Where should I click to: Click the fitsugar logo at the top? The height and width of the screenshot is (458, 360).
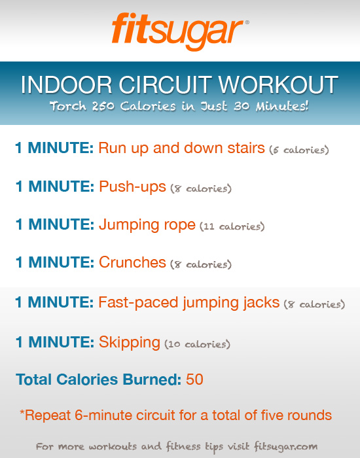[178, 30]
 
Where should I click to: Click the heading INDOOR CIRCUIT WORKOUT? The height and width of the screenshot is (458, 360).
[180, 84]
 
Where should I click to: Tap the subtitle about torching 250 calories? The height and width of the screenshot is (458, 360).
[180, 107]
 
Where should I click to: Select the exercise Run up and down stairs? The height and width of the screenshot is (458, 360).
[182, 149]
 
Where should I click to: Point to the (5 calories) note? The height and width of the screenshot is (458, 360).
[298, 150]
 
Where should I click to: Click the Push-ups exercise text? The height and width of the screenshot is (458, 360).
[132, 188]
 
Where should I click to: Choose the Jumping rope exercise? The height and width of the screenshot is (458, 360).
[147, 226]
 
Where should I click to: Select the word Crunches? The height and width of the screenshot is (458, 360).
[132, 263]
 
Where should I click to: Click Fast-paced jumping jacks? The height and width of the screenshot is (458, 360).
[189, 303]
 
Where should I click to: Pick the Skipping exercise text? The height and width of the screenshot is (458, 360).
[130, 342]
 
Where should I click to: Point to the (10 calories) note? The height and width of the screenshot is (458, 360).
[197, 343]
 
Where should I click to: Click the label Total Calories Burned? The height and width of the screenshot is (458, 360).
[98, 379]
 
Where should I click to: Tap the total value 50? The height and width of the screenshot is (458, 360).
[194, 379]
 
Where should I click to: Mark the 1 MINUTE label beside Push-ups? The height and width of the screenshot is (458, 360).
[55, 188]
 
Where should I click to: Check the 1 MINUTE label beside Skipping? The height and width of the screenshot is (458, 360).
[55, 342]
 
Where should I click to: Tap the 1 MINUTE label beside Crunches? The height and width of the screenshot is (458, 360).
[55, 263]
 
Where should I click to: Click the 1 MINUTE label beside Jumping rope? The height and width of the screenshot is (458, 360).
[55, 226]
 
